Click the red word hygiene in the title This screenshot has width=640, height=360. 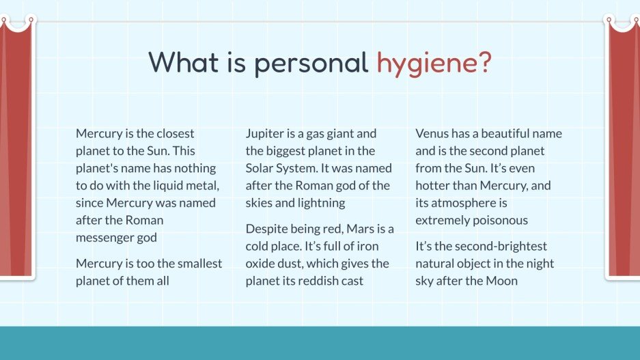(x=434, y=64)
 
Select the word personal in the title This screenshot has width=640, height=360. (x=311, y=64)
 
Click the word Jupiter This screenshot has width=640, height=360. (x=266, y=133)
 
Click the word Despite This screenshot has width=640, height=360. (x=267, y=228)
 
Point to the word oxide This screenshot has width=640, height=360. (x=262, y=263)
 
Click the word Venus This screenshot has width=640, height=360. (x=432, y=133)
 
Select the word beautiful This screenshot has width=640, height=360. (x=501, y=133)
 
